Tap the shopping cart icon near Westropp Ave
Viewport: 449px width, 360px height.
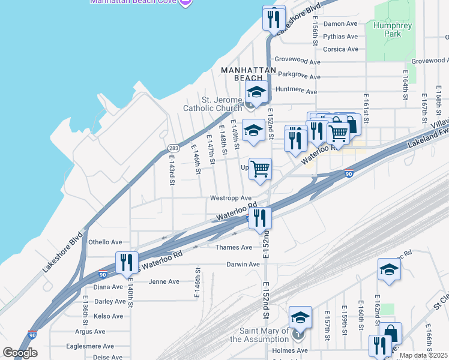pos(261,169)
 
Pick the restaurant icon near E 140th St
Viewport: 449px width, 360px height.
pos(127,263)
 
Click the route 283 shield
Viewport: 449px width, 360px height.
pos(173,148)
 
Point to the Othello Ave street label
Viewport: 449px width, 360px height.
pos(105,242)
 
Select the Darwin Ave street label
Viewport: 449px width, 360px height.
pos(243,264)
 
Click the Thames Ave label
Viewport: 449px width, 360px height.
pos(239,247)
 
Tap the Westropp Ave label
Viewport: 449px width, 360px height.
pos(231,198)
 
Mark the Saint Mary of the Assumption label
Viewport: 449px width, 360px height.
pos(261,335)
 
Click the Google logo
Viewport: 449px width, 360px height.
pos(20,353)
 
